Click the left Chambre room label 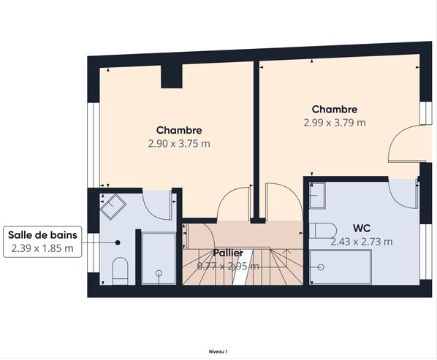pyautogui.click(x=178, y=131)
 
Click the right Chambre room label pyautogui.click(x=334, y=110)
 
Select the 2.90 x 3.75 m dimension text pyautogui.click(x=178, y=144)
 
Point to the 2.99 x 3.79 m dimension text pyautogui.click(x=334, y=123)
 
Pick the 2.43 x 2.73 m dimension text pyautogui.click(x=361, y=242)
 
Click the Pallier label pyautogui.click(x=228, y=253)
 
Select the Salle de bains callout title pyautogui.click(x=42, y=234)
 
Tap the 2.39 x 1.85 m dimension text pyautogui.click(x=42, y=248)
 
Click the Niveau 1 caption pyautogui.click(x=218, y=351)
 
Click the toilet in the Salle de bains pyautogui.click(x=121, y=271)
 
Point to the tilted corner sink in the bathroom pyautogui.click(x=113, y=207)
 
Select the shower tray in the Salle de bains pyautogui.click(x=158, y=258)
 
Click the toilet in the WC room pyautogui.click(x=324, y=231)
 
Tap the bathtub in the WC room pyautogui.click(x=340, y=268)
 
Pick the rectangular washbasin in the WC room pyautogui.click(x=317, y=195)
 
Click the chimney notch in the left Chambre pyautogui.click(x=171, y=75)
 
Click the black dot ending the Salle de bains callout pyautogui.click(x=116, y=242)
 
